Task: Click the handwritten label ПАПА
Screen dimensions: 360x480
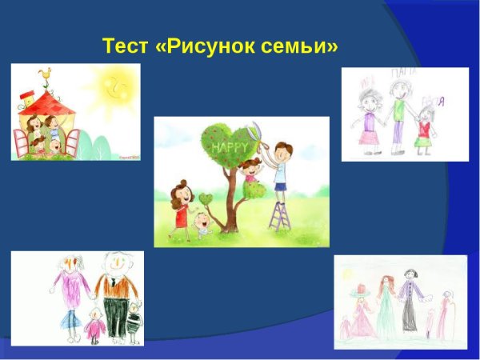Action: tap(398, 74)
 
